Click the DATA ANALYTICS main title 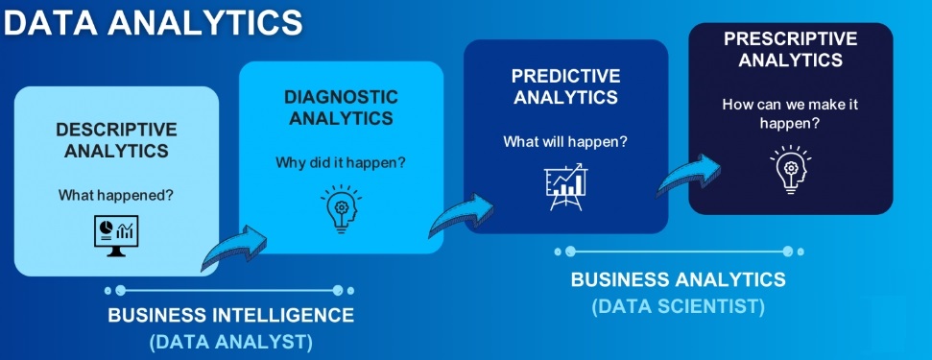153,23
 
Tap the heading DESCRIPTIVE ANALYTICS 116,140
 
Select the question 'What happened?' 116,194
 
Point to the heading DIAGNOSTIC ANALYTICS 341,108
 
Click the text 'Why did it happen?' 341,162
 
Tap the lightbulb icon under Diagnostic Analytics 341,208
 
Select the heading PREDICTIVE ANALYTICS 566,86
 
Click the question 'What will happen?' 566,142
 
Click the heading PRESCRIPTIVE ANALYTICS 791,49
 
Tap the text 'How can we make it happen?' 791,113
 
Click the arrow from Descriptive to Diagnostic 234,249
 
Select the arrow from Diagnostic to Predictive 462,214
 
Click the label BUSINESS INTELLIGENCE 230,315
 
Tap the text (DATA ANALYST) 231,342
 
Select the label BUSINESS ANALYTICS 679,279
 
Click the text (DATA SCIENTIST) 679,306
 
